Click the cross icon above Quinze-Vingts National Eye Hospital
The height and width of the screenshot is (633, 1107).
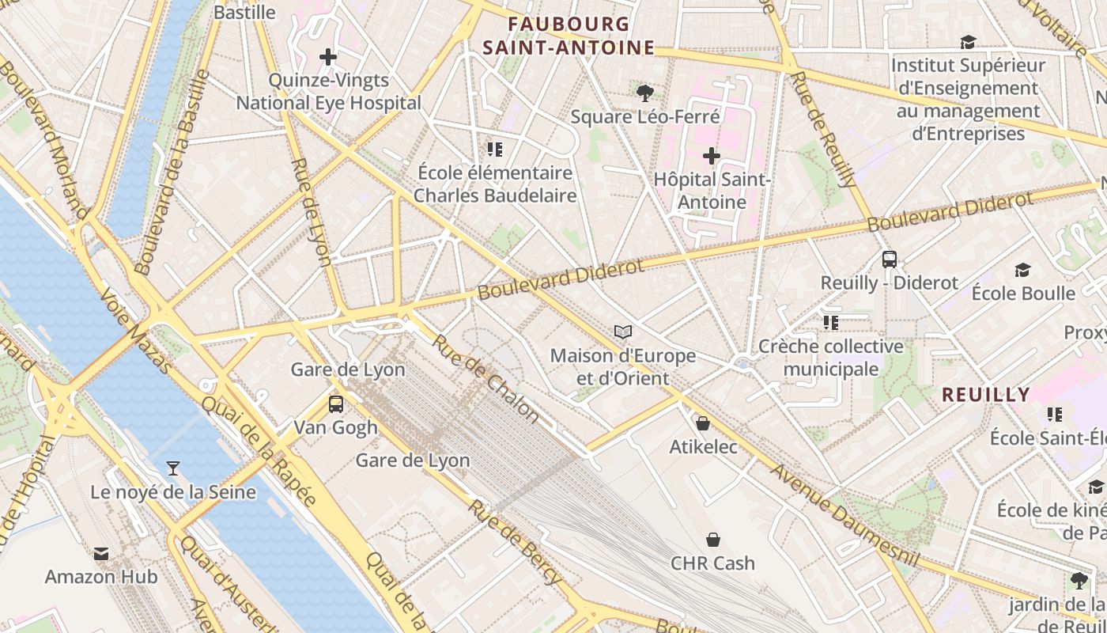(328, 57)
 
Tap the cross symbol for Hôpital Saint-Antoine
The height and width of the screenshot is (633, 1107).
(712, 156)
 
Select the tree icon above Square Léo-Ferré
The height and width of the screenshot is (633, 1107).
(644, 93)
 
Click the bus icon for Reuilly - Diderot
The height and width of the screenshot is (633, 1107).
(890, 260)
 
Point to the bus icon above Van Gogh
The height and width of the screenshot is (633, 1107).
(336, 404)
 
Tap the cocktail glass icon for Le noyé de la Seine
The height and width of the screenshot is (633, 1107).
(173, 468)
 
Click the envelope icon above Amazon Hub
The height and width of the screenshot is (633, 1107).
(101, 553)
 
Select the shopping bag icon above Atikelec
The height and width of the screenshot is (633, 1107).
(703, 423)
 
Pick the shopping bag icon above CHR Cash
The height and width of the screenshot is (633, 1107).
(713, 540)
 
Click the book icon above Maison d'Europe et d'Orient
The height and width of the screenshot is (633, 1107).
(623, 332)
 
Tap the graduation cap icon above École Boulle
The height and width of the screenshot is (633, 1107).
(1023, 270)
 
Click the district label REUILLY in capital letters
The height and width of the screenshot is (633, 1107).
(986, 394)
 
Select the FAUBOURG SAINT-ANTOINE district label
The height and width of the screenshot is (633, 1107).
(569, 36)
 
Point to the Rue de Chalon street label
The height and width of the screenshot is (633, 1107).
(485, 377)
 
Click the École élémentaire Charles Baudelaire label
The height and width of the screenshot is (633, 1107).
(495, 184)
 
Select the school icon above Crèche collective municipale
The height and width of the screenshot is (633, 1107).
(830, 322)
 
